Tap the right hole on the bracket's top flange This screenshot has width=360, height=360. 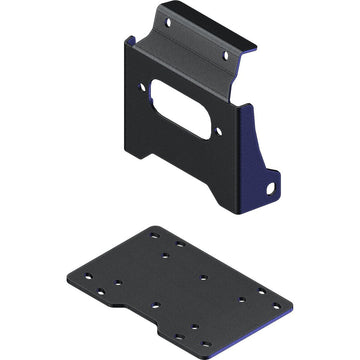(226, 55)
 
